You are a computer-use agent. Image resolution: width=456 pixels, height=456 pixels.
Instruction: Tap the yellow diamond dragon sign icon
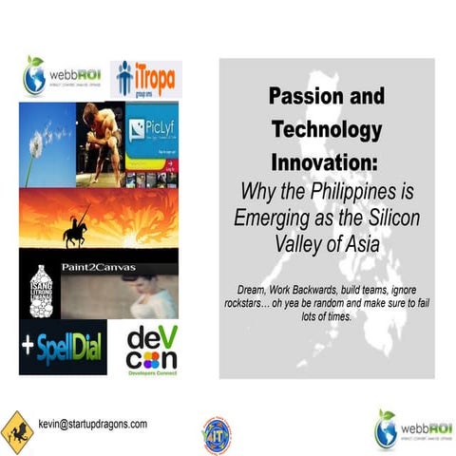coord(16,429)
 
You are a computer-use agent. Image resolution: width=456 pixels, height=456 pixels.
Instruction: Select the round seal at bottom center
coord(216,432)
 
